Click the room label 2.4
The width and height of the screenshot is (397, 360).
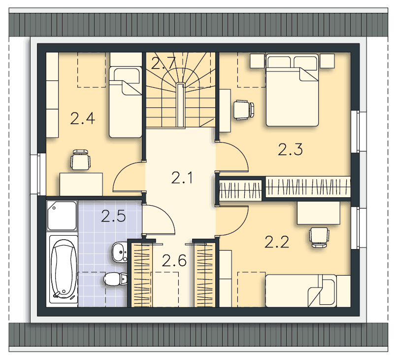click(x=83, y=118)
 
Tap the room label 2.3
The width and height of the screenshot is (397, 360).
click(x=290, y=149)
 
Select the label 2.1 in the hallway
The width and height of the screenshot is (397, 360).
click(x=182, y=178)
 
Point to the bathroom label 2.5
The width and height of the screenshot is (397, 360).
click(x=113, y=216)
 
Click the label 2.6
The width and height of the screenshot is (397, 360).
click(x=174, y=260)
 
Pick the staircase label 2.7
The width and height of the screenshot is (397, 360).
click(x=164, y=63)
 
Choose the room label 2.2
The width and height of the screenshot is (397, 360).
click(x=277, y=242)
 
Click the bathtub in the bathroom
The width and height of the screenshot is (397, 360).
click(x=64, y=269)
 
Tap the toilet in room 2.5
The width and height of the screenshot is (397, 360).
click(x=115, y=279)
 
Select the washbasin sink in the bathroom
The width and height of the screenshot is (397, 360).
click(x=120, y=252)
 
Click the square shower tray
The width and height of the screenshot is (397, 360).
click(x=62, y=216)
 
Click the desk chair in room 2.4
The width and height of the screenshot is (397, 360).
click(x=80, y=160)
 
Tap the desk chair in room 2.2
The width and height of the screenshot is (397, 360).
click(x=319, y=237)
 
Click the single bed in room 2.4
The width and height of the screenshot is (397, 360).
click(x=125, y=102)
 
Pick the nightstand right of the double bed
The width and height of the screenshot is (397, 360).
click(x=327, y=61)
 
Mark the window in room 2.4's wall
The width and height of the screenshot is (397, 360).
click(x=39, y=174)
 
